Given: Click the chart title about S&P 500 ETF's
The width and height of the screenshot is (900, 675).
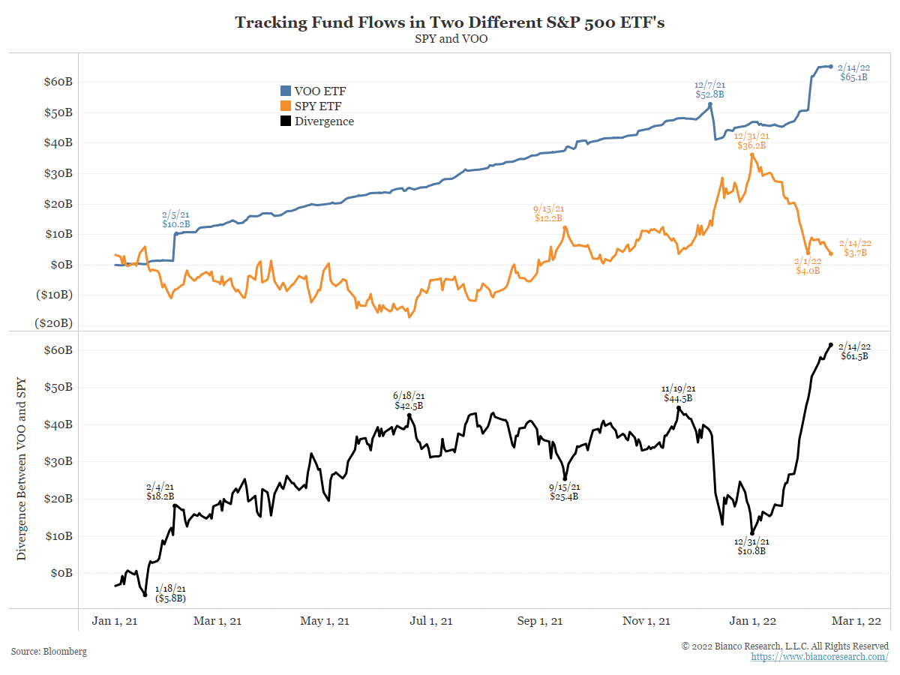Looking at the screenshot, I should point(450,22).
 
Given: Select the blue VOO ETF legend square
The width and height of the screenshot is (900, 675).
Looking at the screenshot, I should point(285,91).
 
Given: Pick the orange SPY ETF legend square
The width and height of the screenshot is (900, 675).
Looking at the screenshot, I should point(285,106).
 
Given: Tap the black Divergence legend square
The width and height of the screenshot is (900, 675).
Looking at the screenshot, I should point(285,121).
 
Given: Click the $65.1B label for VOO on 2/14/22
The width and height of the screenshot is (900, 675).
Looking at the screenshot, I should point(853,77).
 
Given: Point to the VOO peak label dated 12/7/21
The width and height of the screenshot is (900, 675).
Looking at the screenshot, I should point(710,90).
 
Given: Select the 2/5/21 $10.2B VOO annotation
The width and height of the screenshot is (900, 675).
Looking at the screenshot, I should point(176,218).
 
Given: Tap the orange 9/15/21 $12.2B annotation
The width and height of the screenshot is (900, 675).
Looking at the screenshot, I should point(548,213).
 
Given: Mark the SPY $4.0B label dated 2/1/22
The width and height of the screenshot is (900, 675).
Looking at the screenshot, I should point(808,265).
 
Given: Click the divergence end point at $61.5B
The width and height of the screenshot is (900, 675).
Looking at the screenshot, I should point(830,345).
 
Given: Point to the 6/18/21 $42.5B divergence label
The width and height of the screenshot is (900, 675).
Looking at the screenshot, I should point(409,400).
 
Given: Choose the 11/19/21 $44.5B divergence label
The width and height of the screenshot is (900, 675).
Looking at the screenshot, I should point(678,394).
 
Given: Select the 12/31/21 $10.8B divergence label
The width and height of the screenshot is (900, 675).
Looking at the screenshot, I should point(751,546).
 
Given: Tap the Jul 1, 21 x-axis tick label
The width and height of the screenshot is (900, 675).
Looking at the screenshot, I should point(432,621).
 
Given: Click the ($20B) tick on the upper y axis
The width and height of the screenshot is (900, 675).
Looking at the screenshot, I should point(54,322).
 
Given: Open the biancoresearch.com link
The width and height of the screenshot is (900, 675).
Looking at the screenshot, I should point(820,657).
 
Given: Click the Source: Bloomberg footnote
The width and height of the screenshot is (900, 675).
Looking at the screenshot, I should point(49,652).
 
